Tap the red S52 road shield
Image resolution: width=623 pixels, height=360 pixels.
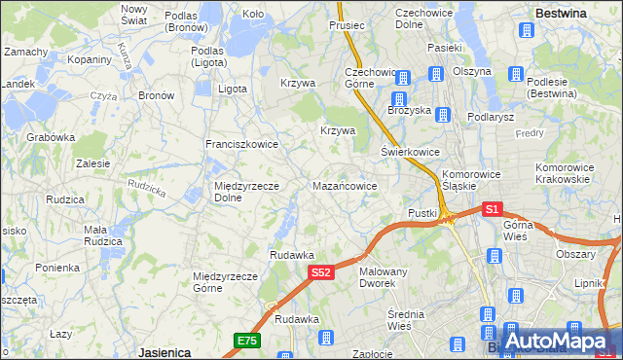click(322, 273)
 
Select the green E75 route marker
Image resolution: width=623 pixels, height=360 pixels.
click(246, 340)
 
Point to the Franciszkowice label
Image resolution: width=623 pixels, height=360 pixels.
click(241, 144)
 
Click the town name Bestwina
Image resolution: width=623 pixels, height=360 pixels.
click(561, 14)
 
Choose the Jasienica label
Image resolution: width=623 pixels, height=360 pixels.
click(163, 353)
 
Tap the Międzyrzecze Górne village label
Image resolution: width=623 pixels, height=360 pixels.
click(225, 282)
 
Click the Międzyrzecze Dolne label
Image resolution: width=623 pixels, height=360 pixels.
click(246, 192)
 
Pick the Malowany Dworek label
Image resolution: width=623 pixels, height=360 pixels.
click(384, 277)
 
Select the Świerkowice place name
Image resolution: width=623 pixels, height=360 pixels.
click(410, 152)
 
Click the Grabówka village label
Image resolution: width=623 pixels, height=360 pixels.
click(52, 137)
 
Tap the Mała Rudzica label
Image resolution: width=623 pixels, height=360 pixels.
click(102, 235)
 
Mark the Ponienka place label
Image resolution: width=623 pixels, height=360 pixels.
click(57, 268)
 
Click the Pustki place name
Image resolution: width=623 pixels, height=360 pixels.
click(422, 212)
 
